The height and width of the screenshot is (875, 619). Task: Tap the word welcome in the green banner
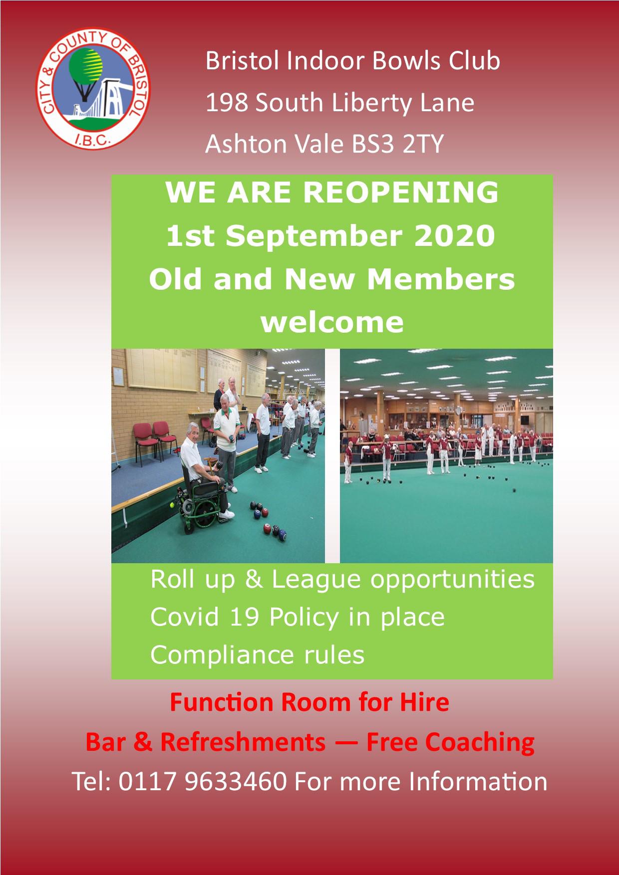[332, 322]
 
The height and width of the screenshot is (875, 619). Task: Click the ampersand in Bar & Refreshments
[142, 742]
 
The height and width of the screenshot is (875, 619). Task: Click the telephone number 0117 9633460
[203, 781]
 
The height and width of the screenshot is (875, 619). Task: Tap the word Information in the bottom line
[478, 781]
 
